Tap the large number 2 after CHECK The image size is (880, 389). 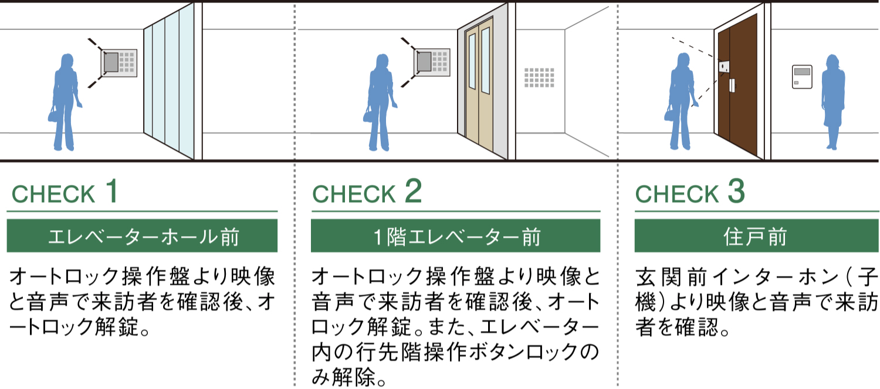413,191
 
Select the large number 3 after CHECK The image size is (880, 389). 736,191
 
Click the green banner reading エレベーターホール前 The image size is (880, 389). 142,236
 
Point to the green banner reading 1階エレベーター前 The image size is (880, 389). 456,236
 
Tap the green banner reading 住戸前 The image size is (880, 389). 757,236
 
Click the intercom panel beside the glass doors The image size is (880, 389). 119,63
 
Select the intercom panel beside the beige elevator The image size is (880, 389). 432,62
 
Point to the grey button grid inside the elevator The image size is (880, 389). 539,78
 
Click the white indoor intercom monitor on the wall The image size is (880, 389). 802,77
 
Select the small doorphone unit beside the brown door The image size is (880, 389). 724,67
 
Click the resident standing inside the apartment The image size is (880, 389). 833,102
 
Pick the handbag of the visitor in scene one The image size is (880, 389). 53,114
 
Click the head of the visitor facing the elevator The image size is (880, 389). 382,62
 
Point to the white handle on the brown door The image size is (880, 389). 732,86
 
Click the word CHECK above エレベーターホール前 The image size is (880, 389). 53,194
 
